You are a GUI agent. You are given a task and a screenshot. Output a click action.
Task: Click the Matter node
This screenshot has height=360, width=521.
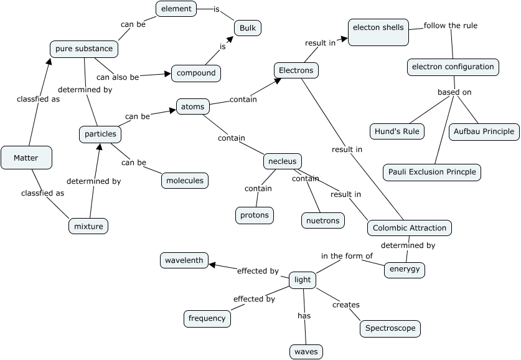coord(26,158)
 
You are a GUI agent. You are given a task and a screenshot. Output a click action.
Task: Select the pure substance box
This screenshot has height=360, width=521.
coord(84,49)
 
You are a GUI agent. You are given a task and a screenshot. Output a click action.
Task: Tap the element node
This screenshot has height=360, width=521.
coord(176,9)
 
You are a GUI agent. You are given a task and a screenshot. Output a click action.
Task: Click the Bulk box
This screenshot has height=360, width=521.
coord(248,28)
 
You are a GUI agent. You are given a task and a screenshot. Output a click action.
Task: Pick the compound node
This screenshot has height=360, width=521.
coord(196,73)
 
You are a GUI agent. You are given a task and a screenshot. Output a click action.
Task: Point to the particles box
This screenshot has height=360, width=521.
coord(100,134)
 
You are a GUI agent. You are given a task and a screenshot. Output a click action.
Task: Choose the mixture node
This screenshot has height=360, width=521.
coord(88,226)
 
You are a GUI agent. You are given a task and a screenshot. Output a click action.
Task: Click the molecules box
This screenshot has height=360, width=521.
coord(185,181)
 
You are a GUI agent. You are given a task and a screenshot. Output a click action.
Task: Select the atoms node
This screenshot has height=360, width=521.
coord(192,107)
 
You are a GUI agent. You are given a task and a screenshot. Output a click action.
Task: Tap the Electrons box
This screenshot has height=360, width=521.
coord(296,70)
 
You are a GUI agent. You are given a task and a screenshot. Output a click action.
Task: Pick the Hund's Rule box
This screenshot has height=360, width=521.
coord(397,131)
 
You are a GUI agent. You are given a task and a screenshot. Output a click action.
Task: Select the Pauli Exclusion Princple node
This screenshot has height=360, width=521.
coord(432,172)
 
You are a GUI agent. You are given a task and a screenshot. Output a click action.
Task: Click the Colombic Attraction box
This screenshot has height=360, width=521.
coord(409,228)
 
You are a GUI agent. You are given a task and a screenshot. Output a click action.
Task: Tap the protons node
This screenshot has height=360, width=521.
coord(255,216)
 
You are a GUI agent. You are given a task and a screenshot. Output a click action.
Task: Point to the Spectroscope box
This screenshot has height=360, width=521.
coord(390,328)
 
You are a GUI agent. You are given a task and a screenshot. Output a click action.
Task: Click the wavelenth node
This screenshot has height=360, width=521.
coord(184,260)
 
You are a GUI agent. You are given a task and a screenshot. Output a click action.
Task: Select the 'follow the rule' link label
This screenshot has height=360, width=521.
coord(451,26)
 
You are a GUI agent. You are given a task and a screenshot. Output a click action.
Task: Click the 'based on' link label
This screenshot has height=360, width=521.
coord(454,92)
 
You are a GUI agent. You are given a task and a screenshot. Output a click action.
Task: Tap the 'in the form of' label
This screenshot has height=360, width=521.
coord(347,256)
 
